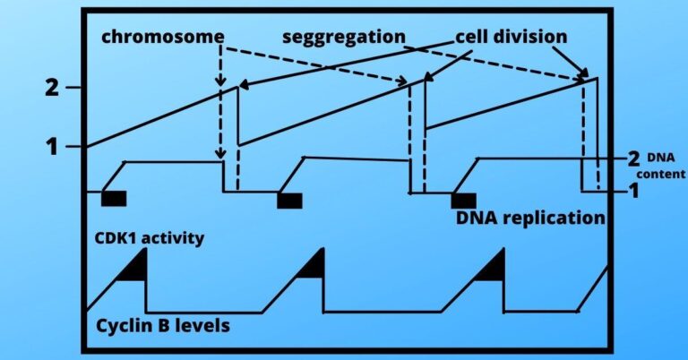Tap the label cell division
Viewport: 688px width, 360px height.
coord(510,38)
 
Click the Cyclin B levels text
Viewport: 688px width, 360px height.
coord(162,325)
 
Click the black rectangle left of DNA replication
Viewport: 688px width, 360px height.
coord(463,200)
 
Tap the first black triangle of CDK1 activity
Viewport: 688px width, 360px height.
coord(133,268)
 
